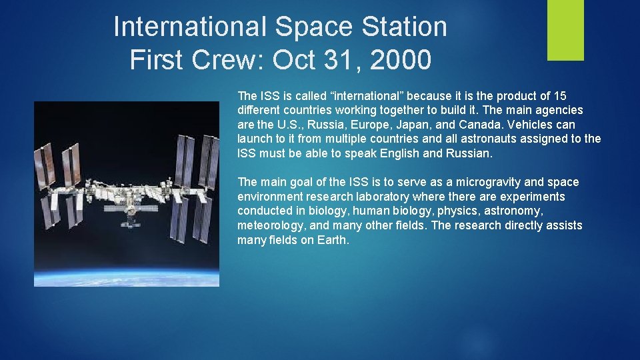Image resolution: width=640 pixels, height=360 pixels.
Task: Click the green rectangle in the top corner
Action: [565, 30]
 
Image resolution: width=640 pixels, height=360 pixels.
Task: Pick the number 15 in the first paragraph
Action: [560, 95]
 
